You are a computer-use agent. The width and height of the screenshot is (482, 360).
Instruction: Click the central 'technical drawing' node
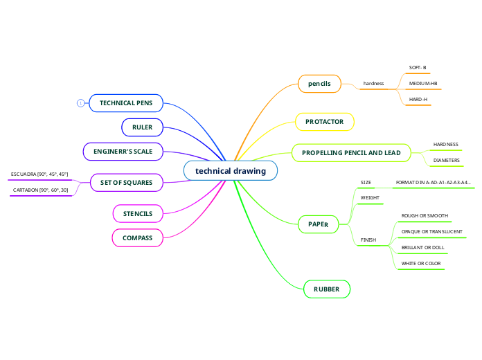click(231, 170)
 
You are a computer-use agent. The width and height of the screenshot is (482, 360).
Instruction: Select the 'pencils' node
click(319, 84)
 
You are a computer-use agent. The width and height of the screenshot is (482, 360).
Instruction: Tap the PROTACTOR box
click(325, 122)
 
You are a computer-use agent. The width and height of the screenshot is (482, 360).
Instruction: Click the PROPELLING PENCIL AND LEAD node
click(351, 152)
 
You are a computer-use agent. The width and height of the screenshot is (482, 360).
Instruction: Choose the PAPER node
click(318, 224)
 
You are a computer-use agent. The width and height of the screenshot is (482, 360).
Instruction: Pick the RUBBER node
click(327, 289)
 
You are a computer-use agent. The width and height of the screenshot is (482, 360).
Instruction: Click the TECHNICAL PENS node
click(126, 103)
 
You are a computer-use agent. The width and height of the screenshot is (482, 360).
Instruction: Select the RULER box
click(142, 127)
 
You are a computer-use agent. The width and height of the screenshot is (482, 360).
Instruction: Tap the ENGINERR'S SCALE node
click(123, 151)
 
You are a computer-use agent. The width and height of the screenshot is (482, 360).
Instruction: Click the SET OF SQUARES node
click(127, 183)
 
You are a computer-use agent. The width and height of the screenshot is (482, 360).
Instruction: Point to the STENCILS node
click(138, 214)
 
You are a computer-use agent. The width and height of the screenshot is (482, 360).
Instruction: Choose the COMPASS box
click(138, 238)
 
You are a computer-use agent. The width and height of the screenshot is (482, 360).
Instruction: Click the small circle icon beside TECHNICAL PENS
click(80, 103)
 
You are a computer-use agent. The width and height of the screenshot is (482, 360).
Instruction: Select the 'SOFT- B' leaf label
click(418, 68)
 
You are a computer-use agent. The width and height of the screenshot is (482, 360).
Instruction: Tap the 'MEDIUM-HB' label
click(423, 84)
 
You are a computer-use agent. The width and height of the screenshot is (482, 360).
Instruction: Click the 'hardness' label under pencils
click(373, 84)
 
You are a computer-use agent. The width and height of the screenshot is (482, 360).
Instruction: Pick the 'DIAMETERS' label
click(446, 161)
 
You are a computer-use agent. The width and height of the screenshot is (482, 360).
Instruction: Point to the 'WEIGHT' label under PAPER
click(370, 198)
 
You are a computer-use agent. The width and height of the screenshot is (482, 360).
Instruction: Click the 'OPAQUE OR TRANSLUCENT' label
click(432, 231)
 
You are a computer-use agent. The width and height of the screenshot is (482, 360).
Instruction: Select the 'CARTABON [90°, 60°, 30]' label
click(41, 190)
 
